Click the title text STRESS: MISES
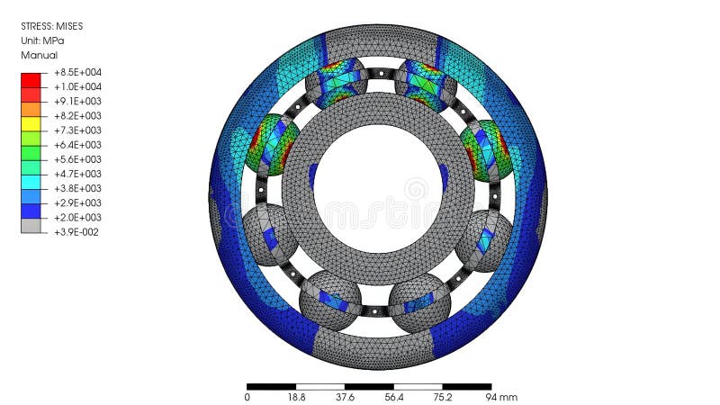coord(52,26)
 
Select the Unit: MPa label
coord(42,40)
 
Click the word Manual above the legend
coord(39,55)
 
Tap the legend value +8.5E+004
coord(77,72)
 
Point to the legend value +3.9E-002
coord(77,231)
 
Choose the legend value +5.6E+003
coord(77,159)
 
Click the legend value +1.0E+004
coord(77,86)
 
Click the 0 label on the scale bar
coord(247,397)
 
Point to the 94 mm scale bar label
coord(501,397)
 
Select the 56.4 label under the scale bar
coord(394,397)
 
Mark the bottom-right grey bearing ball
coord(419,303)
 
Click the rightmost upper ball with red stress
coord(487,148)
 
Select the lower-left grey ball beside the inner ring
coord(270,234)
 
